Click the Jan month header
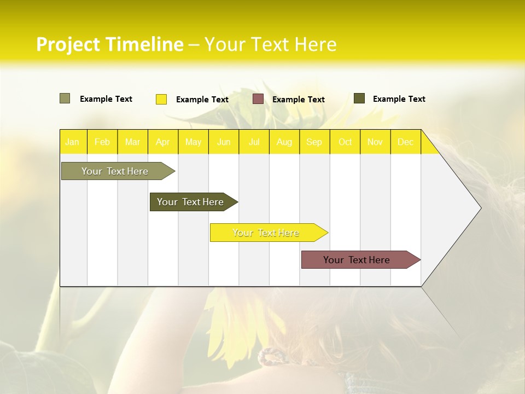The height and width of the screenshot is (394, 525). coord(73,142)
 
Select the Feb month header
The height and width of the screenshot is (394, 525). coord(102,142)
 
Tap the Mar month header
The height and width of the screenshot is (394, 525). coord(132,142)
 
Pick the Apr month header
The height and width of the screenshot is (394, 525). coord(163,142)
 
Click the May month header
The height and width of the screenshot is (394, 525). coord(193,142)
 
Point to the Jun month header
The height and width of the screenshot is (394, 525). coord(224,142)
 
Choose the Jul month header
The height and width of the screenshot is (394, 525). coord(254,142)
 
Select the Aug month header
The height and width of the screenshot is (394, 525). coord(284,142)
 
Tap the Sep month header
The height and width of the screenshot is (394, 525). coord(314,142)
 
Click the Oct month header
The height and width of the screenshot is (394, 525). coord(345,142)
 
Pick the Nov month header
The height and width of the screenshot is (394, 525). coord(375,142)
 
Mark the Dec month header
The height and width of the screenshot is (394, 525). coord(406,142)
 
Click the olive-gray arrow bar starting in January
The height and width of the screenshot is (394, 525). coord(115,171)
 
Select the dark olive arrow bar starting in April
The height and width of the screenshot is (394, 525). coord(191,202)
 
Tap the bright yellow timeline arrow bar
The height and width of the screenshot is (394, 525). coord(266,233)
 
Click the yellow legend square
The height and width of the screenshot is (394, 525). coord(161,99)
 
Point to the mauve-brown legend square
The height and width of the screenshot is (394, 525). coord(258,99)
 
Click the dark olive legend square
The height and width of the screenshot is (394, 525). coord(359,99)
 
